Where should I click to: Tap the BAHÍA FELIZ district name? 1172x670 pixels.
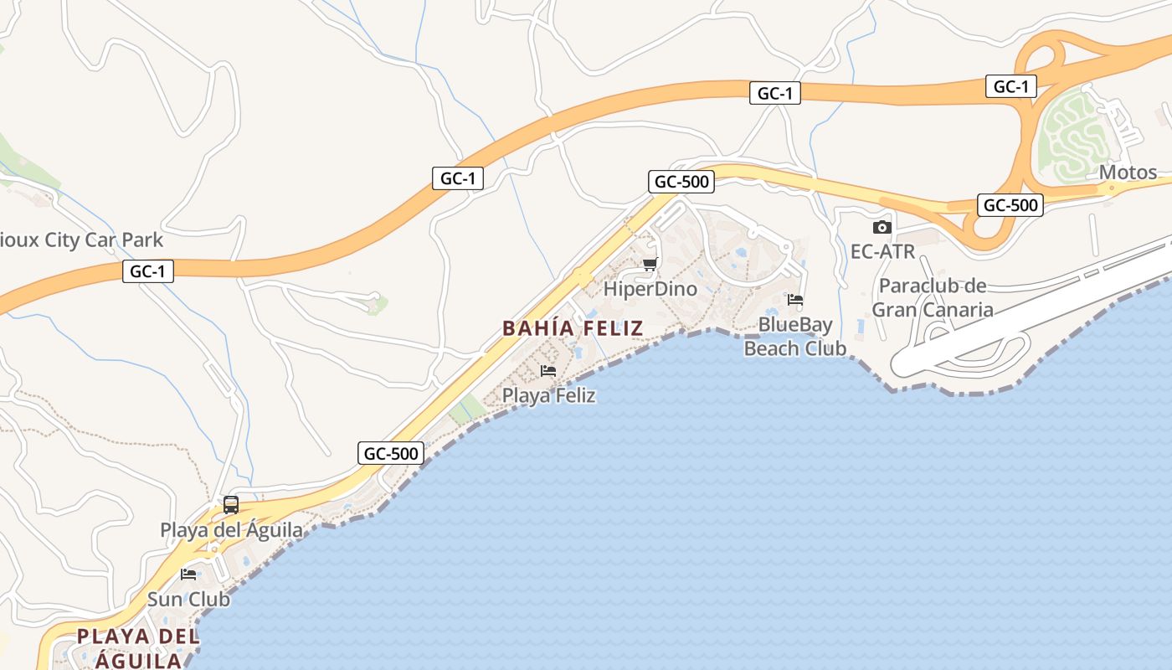pyautogui.click(x=573, y=328)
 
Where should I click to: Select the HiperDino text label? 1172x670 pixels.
pyautogui.click(x=650, y=289)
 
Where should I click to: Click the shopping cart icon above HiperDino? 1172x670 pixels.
pyautogui.click(x=650, y=265)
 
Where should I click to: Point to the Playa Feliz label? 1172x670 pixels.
pyautogui.click(x=548, y=395)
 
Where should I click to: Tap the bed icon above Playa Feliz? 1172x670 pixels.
pyautogui.click(x=548, y=370)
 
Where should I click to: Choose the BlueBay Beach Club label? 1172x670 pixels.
pyautogui.click(x=795, y=336)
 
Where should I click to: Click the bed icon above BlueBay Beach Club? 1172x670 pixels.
pyautogui.click(x=795, y=299)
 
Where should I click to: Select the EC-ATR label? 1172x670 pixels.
pyautogui.click(x=882, y=251)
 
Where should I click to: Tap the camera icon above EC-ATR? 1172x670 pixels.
pyautogui.click(x=882, y=227)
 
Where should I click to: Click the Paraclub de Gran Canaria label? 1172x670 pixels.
pyautogui.click(x=933, y=297)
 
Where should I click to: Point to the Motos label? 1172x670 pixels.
pyautogui.click(x=1128, y=173)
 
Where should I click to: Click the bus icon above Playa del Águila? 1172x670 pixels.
pyautogui.click(x=231, y=505)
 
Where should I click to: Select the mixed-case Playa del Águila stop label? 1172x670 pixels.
pyautogui.click(x=231, y=530)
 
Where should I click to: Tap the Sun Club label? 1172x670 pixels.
pyautogui.click(x=188, y=599)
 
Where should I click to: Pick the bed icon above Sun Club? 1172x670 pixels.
pyautogui.click(x=188, y=575)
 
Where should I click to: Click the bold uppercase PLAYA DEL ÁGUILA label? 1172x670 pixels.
pyautogui.click(x=138, y=647)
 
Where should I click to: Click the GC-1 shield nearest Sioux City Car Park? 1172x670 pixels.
pyautogui.click(x=148, y=271)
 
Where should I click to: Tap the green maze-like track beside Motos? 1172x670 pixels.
pyautogui.click(x=1073, y=134)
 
